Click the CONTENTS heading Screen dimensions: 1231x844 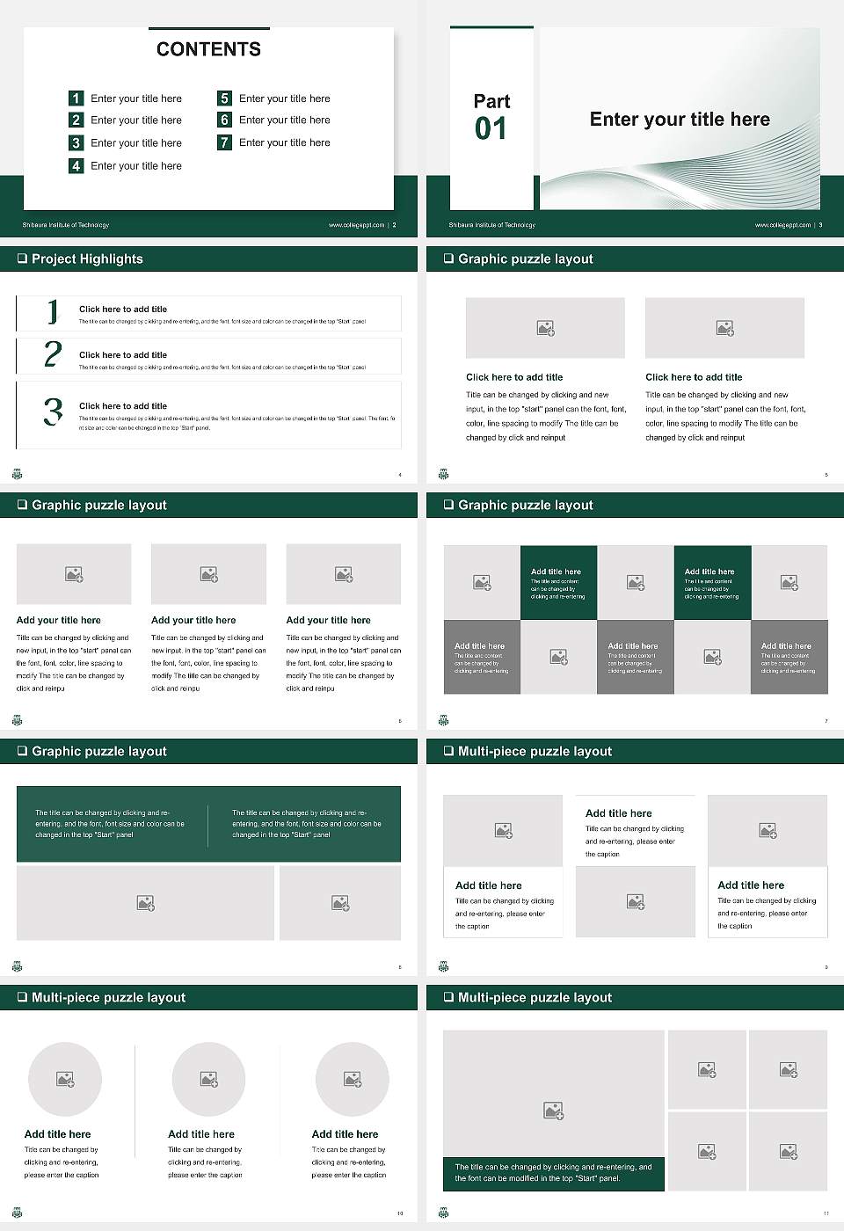(x=208, y=49)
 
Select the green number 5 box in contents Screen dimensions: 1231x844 (x=224, y=98)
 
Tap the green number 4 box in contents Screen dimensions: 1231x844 (x=76, y=165)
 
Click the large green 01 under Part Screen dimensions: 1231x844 (x=491, y=129)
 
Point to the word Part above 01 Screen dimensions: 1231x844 (x=491, y=101)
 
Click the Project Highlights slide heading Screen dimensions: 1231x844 (x=87, y=259)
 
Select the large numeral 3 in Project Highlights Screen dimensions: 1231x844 (x=53, y=412)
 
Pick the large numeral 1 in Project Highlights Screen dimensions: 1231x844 (x=53, y=310)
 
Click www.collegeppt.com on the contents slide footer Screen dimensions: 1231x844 (x=356, y=225)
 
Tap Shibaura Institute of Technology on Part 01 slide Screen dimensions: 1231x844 (x=492, y=225)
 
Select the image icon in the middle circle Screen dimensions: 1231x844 (x=208, y=1079)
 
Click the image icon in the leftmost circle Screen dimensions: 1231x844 (x=65, y=1079)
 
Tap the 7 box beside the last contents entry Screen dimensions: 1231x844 (x=224, y=142)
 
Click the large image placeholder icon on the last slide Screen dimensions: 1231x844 (x=553, y=1111)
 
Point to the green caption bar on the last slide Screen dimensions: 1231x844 (x=553, y=1173)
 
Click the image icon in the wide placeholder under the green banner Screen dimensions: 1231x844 (x=146, y=903)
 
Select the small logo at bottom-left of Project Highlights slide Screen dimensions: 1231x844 (x=17, y=474)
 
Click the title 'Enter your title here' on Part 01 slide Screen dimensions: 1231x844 (x=680, y=120)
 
